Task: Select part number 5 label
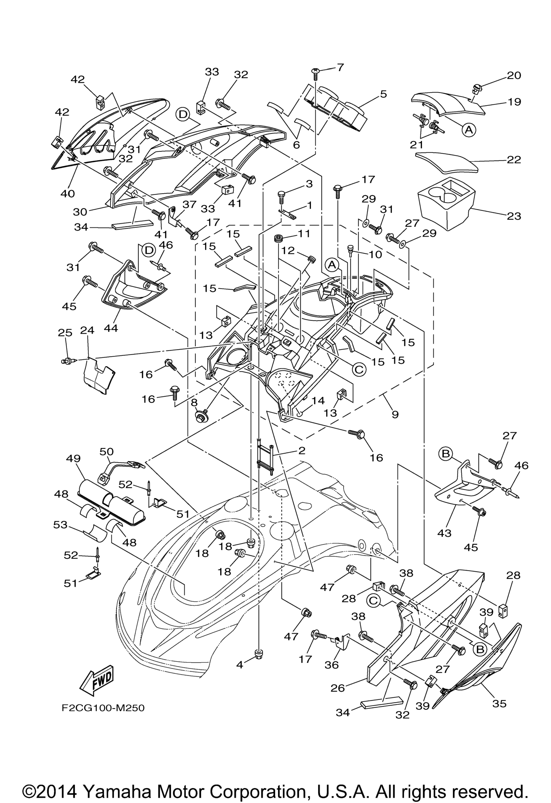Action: tap(383, 94)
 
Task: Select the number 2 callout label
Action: tap(302, 451)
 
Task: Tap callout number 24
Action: tap(87, 331)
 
